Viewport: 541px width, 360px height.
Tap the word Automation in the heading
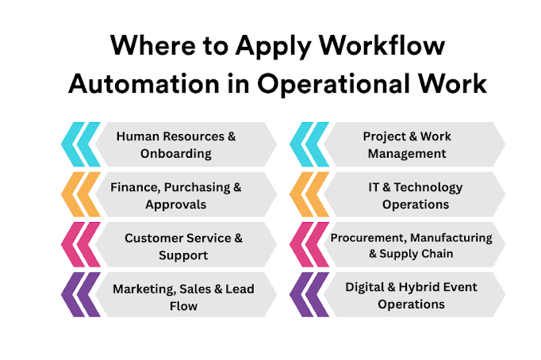138,82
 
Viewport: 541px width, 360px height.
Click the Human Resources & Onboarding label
176,144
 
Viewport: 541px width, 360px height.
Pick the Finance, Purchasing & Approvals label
176,195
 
